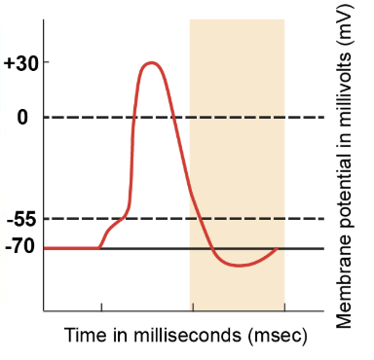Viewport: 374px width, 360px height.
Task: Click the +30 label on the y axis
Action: click(19, 63)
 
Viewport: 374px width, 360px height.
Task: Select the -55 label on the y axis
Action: click(19, 219)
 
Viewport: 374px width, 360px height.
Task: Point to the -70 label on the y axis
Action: click(19, 248)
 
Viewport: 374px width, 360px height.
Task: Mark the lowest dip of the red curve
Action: click(239, 265)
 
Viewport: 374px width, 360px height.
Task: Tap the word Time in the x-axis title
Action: click(86, 336)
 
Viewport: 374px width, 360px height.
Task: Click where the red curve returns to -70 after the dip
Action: click(278, 248)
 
